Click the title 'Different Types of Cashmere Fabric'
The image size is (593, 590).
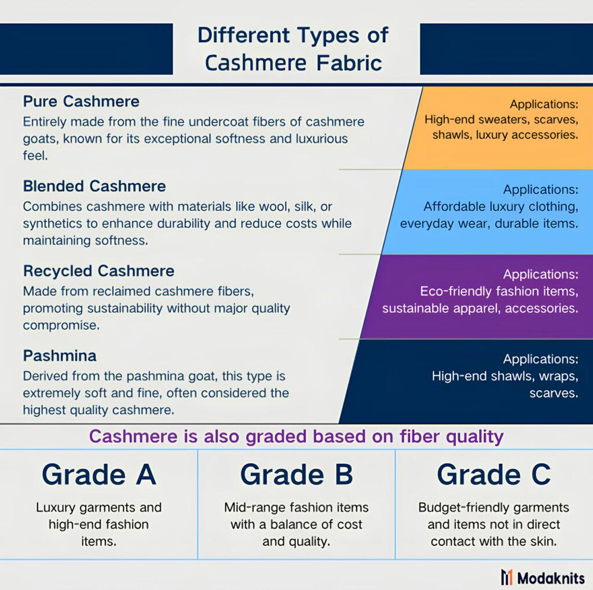[293, 49]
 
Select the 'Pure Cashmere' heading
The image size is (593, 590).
[81, 101]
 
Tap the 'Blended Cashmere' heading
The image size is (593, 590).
[94, 186]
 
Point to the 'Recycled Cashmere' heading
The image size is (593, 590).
[98, 271]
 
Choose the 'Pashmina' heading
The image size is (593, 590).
[60, 356]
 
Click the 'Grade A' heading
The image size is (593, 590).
[98, 474]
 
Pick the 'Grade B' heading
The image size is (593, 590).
[296, 474]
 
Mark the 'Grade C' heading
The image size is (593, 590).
[494, 474]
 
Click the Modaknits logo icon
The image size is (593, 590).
[507, 577]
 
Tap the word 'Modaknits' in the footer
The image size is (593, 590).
[551, 578]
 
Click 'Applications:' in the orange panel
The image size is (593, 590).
[544, 104]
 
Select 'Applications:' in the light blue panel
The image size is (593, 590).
[540, 189]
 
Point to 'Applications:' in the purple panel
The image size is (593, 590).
[540, 274]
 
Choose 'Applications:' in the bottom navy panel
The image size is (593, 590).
[540, 359]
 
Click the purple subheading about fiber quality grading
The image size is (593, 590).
[296, 436]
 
